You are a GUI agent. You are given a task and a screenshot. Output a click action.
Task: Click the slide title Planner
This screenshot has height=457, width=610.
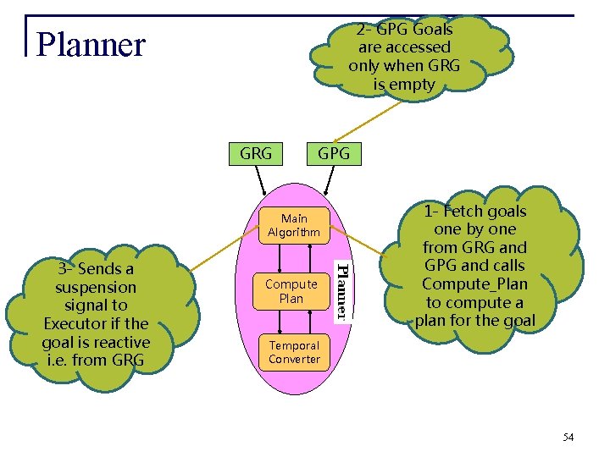click(91, 45)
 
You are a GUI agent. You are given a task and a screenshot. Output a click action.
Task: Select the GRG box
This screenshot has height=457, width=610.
click(256, 153)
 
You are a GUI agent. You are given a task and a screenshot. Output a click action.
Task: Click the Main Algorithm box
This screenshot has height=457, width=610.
click(293, 225)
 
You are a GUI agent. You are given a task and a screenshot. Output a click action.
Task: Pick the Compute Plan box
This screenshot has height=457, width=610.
click(291, 291)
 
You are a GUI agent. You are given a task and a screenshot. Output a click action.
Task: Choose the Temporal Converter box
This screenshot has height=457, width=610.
click(293, 352)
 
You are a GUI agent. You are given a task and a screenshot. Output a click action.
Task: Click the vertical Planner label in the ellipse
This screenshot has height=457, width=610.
click(341, 291)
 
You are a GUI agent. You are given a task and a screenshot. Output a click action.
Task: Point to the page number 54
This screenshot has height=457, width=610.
click(568, 438)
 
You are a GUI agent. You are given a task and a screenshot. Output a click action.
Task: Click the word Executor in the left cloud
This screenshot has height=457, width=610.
click(96, 323)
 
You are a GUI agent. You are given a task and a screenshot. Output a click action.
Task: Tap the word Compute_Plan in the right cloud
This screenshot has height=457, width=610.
click(474, 284)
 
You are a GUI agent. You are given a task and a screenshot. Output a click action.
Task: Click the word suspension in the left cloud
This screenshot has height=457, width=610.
click(96, 287)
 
